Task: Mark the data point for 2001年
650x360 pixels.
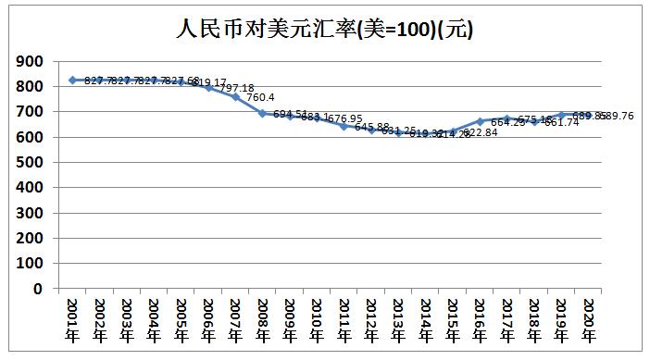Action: pos(73,80)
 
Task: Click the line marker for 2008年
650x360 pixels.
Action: pos(262,113)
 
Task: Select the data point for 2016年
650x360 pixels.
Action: pos(479,121)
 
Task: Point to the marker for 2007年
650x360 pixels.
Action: pos(235,96)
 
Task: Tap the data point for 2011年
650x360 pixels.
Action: pos(344,126)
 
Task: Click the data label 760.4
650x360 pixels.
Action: pos(261,96)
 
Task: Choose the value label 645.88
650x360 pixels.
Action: pos(370,126)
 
